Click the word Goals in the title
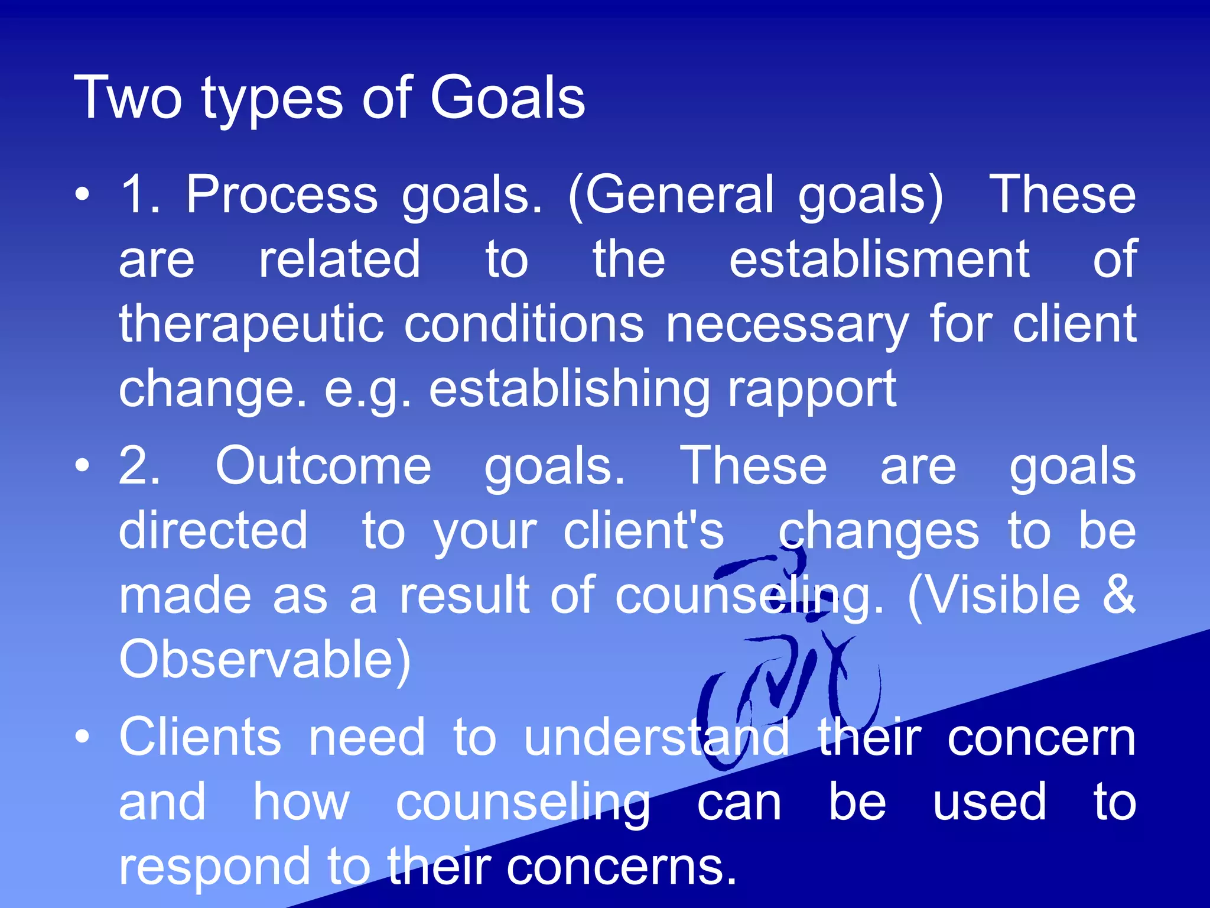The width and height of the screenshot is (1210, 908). (508, 98)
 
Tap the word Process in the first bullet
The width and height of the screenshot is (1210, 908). (282, 195)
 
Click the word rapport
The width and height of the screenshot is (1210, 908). (812, 389)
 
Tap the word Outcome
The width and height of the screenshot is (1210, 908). (323, 466)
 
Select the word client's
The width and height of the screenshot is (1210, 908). (643, 531)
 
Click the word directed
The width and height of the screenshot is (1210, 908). (213, 531)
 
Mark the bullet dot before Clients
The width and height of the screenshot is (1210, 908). (83, 737)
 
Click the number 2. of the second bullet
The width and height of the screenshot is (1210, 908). (139, 466)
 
